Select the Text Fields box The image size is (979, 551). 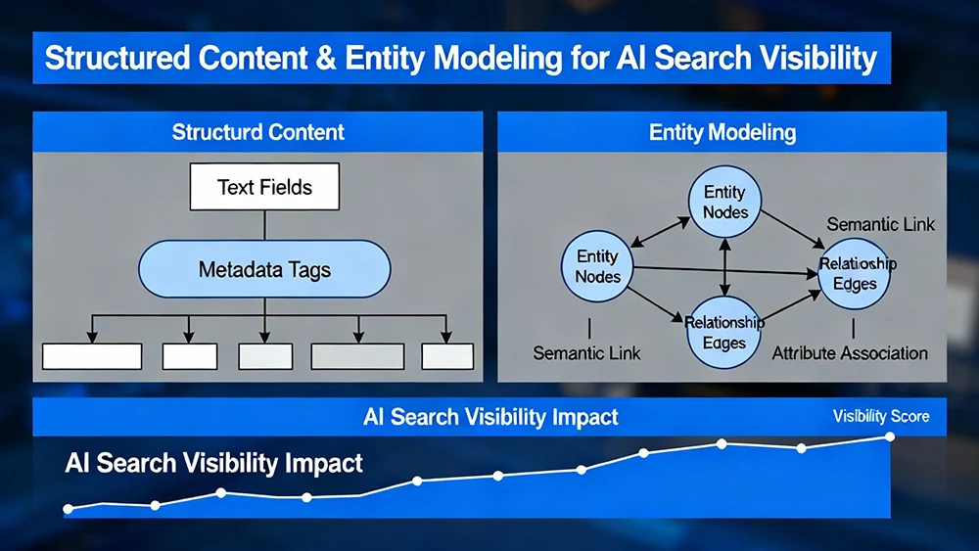click(264, 187)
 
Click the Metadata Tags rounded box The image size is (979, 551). click(264, 269)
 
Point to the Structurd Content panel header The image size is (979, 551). click(258, 132)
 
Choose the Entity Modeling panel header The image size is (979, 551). click(723, 132)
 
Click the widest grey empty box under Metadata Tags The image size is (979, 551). click(357, 356)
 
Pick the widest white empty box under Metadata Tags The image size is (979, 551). click(92, 356)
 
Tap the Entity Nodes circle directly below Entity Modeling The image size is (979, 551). click(725, 202)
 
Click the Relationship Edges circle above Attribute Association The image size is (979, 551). click(854, 274)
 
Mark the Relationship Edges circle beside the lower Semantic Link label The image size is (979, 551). click(724, 333)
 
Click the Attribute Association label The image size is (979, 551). click(850, 352)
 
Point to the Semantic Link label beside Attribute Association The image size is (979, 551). click(586, 352)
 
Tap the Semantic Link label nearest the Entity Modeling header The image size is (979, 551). click(880, 224)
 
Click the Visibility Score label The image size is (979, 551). click(881, 417)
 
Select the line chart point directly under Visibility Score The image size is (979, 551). click(890, 436)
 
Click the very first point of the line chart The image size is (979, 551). click(68, 509)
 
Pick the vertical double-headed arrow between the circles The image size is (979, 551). click(724, 267)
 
